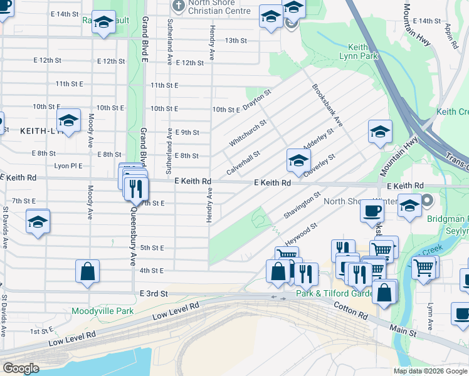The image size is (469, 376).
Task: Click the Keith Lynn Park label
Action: click(x=363, y=51)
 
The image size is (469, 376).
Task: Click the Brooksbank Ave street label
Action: click(x=327, y=104)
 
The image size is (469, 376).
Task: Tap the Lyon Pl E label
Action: click(x=68, y=166)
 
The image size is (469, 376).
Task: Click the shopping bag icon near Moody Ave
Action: click(x=88, y=271)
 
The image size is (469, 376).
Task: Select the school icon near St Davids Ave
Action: click(x=38, y=222)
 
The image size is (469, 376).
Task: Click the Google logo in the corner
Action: click(x=21, y=368)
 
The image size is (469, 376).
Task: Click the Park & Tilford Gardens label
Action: click(x=326, y=293)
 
